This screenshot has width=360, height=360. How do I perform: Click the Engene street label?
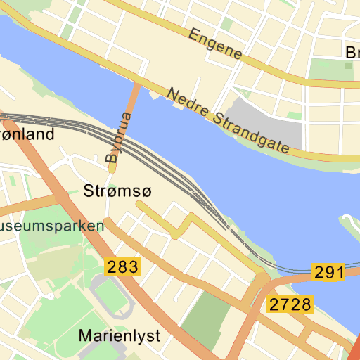(x=215, y=44)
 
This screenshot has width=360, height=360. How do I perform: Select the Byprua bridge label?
(x=117, y=138)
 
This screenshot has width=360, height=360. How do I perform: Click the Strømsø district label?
(x=117, y=191)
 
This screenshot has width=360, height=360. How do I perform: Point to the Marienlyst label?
(x=119, y=335)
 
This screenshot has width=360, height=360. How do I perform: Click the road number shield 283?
(x=122, y=266)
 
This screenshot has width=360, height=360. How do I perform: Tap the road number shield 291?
(x=329, y=273)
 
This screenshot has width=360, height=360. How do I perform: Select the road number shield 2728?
(x=290, y=304)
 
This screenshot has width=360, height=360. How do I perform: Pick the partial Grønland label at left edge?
(x=27, y=134)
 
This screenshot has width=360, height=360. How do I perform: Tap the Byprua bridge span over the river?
(x=131, y=105)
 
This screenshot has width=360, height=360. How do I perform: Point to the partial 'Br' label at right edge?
(x=352, y=53)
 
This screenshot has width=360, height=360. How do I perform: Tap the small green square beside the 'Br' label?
(x=348, y=65)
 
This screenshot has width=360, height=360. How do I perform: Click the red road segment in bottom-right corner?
(x=354, y=349)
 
